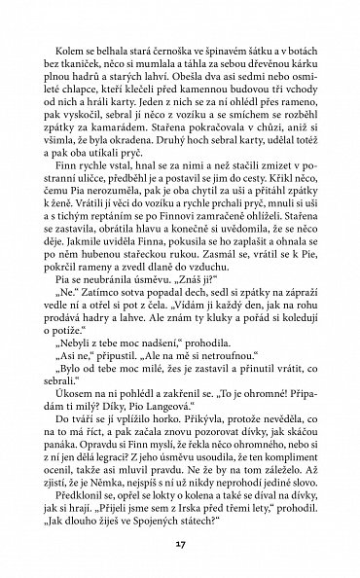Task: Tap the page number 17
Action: coord(179,539)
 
